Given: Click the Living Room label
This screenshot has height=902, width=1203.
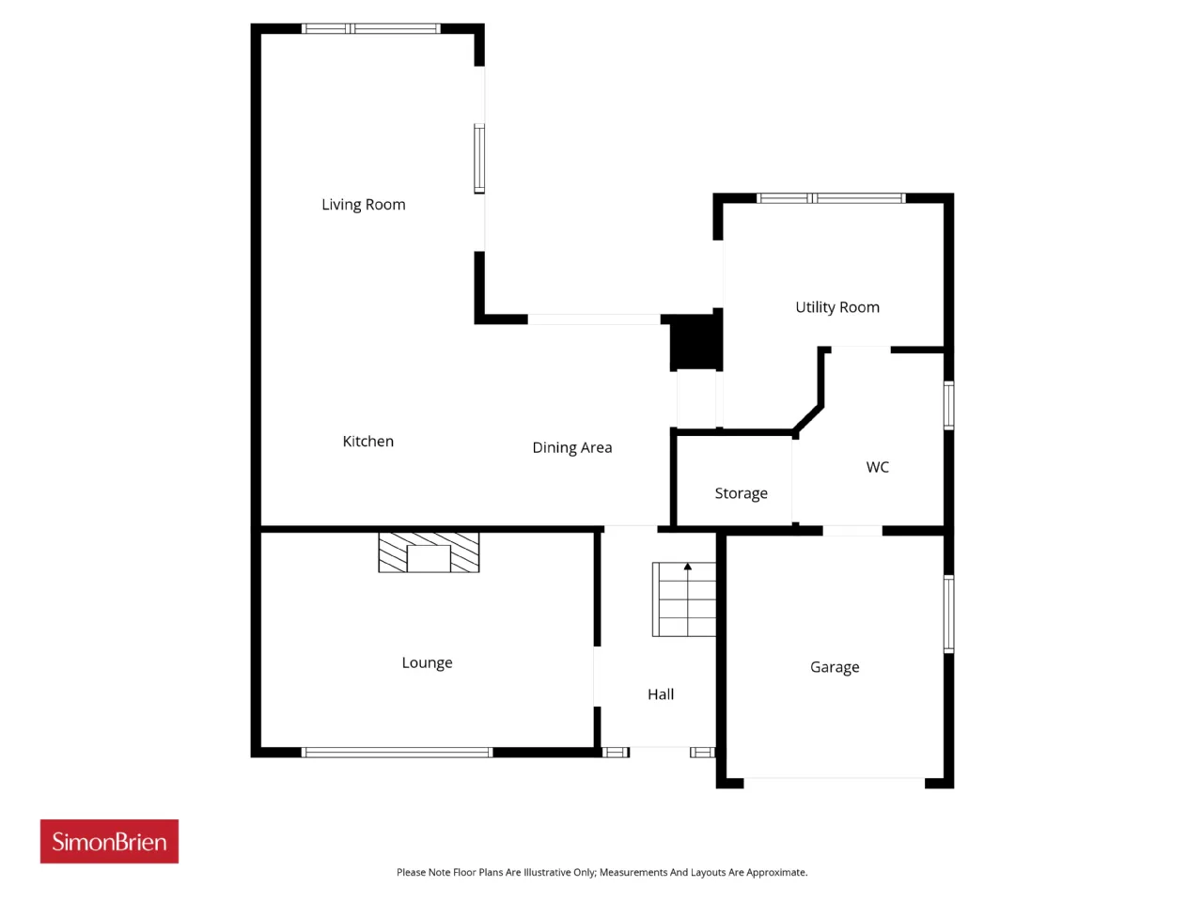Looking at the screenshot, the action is coord(364,204).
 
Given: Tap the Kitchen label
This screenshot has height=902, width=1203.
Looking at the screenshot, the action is coord(367,441).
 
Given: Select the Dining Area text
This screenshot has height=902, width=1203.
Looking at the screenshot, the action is coord(571,447).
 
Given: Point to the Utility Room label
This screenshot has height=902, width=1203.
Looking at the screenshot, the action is coord(836,307).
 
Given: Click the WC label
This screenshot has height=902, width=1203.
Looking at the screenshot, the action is coord(877,467).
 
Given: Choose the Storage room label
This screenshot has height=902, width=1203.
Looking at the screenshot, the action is coord(741,493).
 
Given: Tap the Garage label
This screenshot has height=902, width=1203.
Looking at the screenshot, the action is coord(835,667).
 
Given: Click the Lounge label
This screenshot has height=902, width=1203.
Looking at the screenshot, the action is coord(427,662).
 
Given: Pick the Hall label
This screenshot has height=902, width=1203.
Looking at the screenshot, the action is coord(661,694).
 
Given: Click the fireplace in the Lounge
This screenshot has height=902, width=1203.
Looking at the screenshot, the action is coord(429,552).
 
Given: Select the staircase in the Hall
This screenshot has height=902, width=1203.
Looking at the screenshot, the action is coord(684,599).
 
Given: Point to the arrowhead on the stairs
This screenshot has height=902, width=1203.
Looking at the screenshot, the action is coord(688,567).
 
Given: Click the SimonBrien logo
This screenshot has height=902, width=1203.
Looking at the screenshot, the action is coord(109,841).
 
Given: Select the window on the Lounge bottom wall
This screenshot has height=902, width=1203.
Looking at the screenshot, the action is coord(397,753).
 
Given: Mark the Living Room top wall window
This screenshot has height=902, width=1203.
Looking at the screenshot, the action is coord(371,28).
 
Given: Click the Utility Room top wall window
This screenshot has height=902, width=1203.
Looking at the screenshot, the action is coord(831,198).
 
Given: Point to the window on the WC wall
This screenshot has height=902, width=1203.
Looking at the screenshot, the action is coord(948,405).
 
